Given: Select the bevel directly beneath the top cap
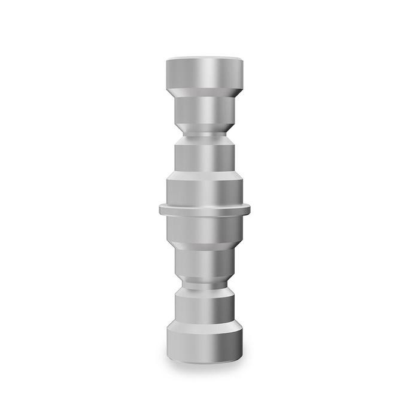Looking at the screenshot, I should (x=205, y=92).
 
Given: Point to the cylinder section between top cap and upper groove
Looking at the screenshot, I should (x=205, y=110).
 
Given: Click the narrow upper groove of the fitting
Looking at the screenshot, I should (x=205, y=133).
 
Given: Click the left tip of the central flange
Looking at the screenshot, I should (x=161, y=209).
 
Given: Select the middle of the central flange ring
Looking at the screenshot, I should (x=205, y=209).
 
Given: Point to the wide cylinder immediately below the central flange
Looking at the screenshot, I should (x=205, y=227).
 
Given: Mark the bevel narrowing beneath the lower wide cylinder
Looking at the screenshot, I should (x=205, y=246).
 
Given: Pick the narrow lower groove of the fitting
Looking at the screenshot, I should (x=205, y=286).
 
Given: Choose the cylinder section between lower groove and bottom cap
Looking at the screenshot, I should (x=205, y=306).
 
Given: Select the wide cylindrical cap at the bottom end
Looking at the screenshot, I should (x=205, y=344).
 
